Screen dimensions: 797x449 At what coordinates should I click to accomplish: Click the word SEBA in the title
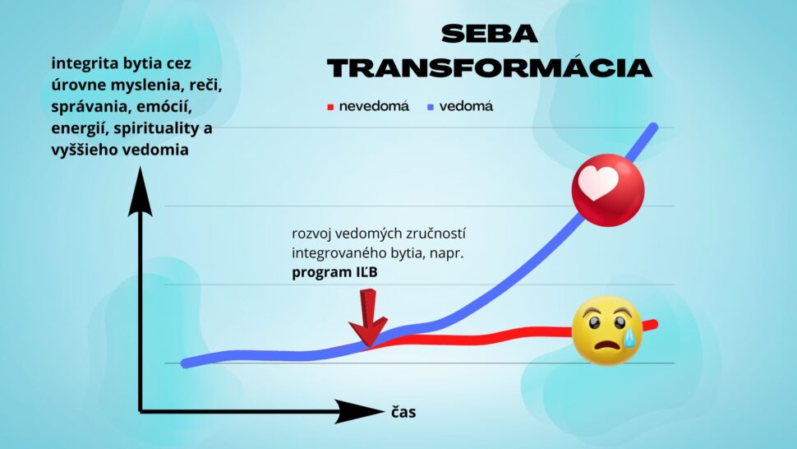489,34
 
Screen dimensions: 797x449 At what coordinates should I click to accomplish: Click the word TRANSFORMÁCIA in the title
490,67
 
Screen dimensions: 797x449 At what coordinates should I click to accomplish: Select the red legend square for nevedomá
330,107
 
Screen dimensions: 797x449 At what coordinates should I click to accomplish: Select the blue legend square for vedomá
431,107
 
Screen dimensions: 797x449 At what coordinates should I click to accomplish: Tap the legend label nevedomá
374,106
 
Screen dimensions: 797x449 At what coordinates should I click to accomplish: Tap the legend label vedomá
466,106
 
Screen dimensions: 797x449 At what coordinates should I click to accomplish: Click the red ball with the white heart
608,190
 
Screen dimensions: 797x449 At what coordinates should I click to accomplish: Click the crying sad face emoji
607,330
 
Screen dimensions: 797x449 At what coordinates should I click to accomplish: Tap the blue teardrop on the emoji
629,338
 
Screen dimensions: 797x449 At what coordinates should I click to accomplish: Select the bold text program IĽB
334,272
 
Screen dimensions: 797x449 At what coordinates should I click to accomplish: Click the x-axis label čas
403,411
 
